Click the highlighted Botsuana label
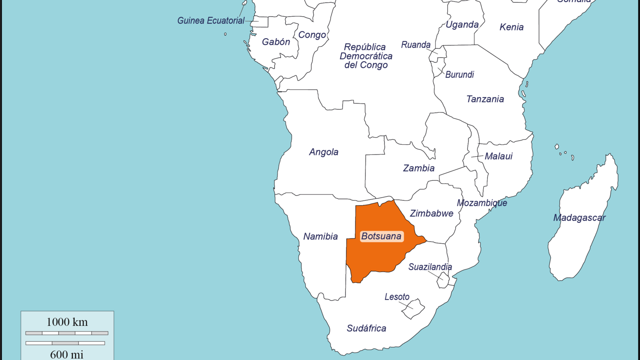[x=381, y=236]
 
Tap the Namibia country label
[x=320, y=237]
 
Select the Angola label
[x=323, y=152]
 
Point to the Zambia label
[x=418, y=168]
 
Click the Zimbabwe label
[x=431, y=214]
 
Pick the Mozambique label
[x=482, y=203]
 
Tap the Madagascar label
[x=579, y=218]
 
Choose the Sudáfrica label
[x=366, y=328]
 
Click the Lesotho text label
[x=397, y=297]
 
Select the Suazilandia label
[x=430, y=267]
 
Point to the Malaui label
[x=498, y=156]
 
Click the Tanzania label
[x=485, y=99]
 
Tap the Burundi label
[x=459, y=75]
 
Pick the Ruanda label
[x=416, y=45]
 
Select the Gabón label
[x=276, y=42]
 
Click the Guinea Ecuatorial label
[x=211, y=20]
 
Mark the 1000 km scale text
[x=67, y=322]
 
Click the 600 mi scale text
[x=67, y=354]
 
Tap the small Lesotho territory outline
[x=413, y=309]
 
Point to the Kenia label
[x=511, y=27]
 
